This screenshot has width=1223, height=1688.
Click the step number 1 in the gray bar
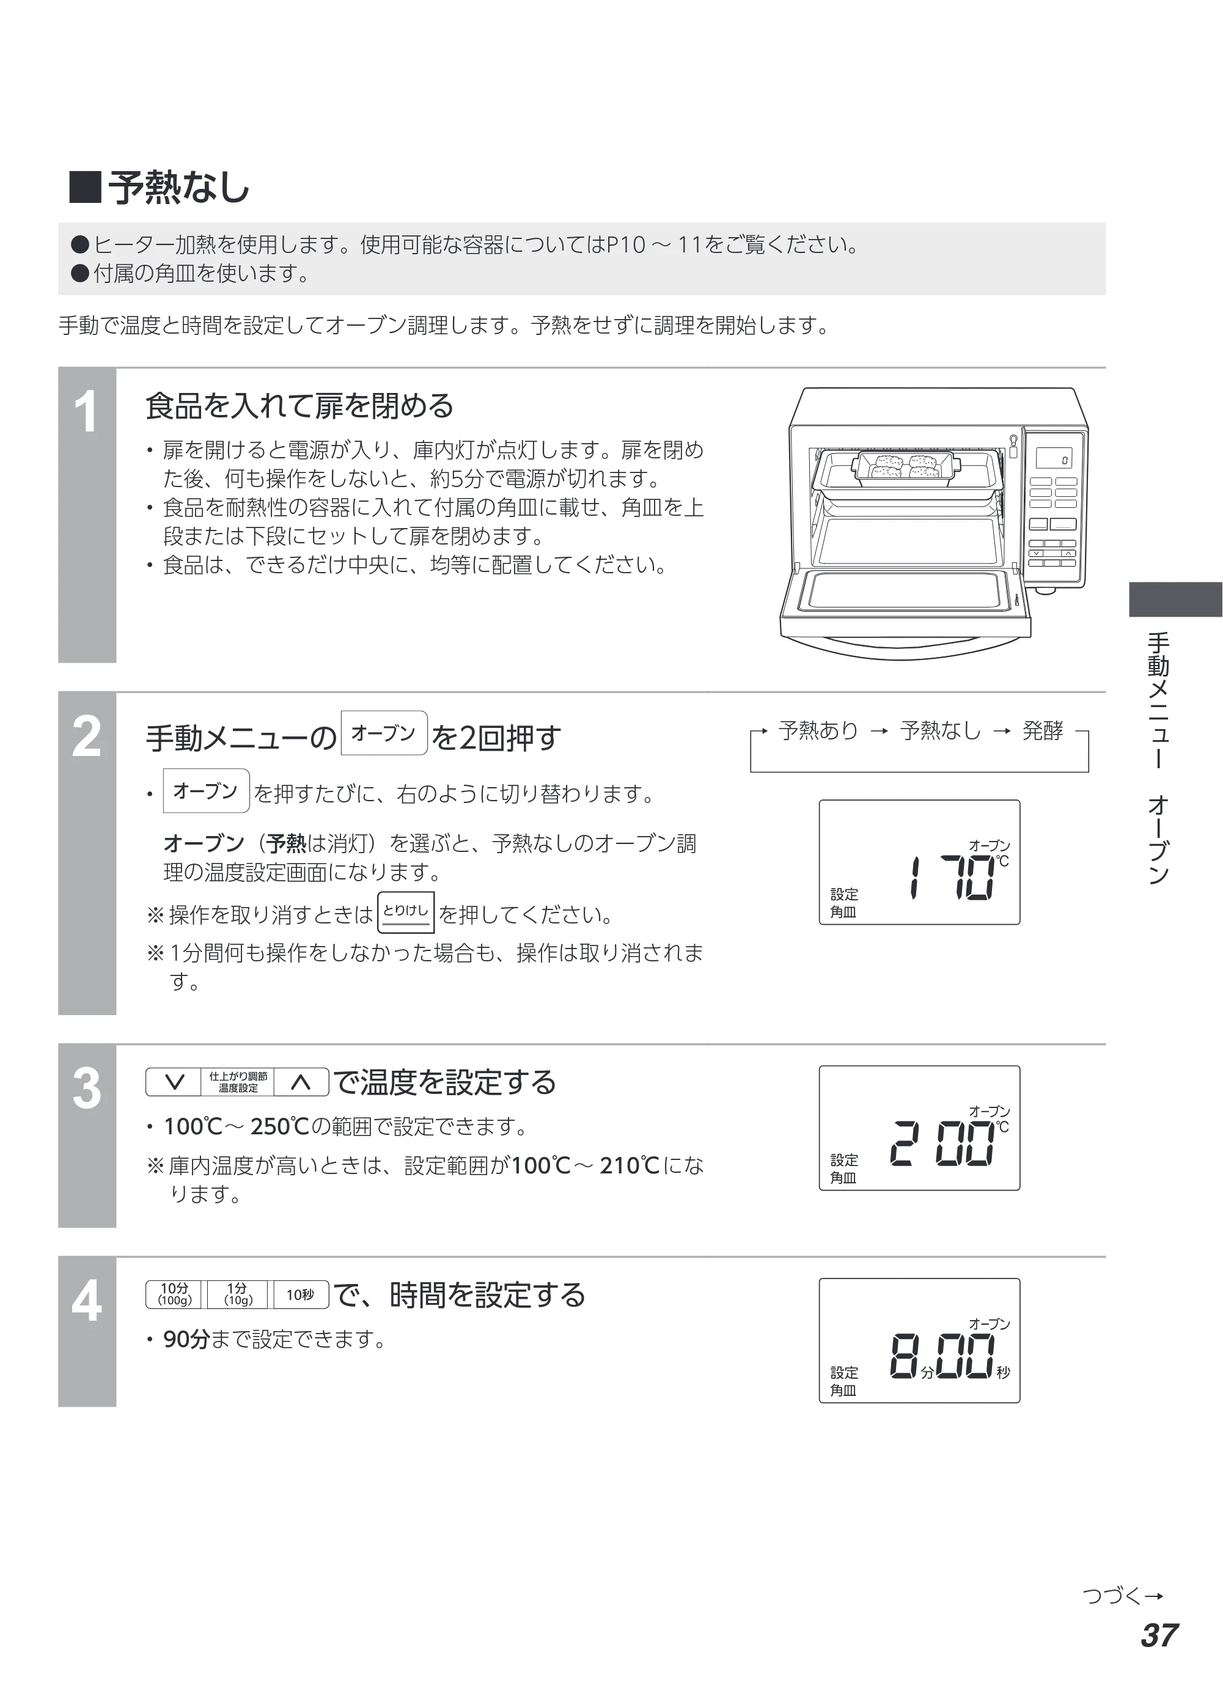click(x=86, y=413)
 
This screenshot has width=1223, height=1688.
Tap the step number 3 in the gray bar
click(x=86, y=1089)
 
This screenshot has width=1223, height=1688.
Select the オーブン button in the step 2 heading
click(x=384, y=733)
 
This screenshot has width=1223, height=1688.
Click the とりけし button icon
click(x=406, y=912)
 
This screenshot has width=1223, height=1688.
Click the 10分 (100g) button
click(x=175, y=1294)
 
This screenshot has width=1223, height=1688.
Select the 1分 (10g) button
click(x=238, y=1294)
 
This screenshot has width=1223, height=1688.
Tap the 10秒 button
click(x=301, y=1294)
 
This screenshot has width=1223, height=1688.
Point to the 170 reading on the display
click(x=953, y=878)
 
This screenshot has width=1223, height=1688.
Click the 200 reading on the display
click(x=942, y=1143)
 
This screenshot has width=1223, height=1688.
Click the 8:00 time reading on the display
click(x=942, y=1357)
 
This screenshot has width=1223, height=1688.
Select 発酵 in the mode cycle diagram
click(x=1042, y=730)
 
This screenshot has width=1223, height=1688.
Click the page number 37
click(x=1159, y=1635)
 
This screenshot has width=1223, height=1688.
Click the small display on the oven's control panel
click(x=1053, y=458)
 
